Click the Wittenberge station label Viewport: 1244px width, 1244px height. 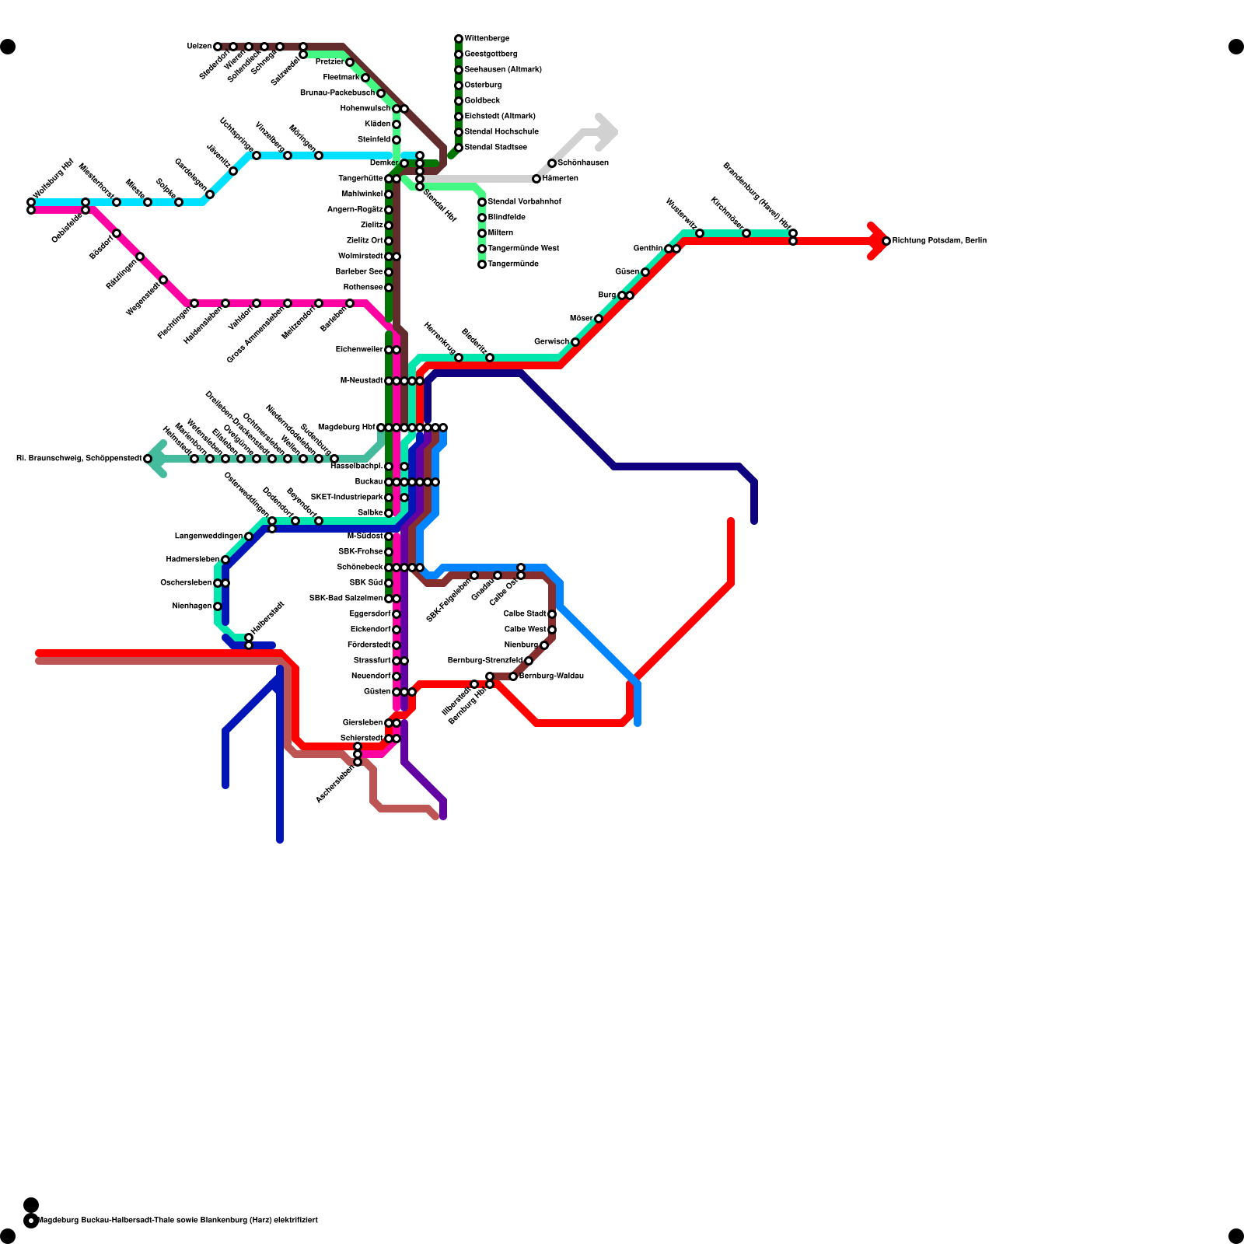(x=487, y=39)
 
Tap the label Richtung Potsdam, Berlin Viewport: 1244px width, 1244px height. (x=939, y=241)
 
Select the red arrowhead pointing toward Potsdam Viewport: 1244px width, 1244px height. (x=879, y=241)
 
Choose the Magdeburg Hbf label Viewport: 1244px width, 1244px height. (x=346, y=428)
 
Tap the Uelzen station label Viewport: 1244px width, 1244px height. (x=199, y=47)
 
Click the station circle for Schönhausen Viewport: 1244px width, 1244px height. (x=552, y=163)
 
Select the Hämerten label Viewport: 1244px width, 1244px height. (x=561, y=179)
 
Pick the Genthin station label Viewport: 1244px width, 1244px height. (x=648, y=249)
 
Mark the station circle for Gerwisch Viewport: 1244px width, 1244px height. (x=575, y=342)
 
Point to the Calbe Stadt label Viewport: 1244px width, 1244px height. (x=525, y=614)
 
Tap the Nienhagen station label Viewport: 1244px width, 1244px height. (x=191, y=606)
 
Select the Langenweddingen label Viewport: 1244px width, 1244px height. (x=208, y=536)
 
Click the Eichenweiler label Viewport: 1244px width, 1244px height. (x=359, y=350)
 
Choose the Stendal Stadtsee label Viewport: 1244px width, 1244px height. (x=496, y=148)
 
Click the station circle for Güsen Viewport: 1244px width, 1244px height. (x=645, y=272)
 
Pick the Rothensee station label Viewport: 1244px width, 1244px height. (x=363, y=288)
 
